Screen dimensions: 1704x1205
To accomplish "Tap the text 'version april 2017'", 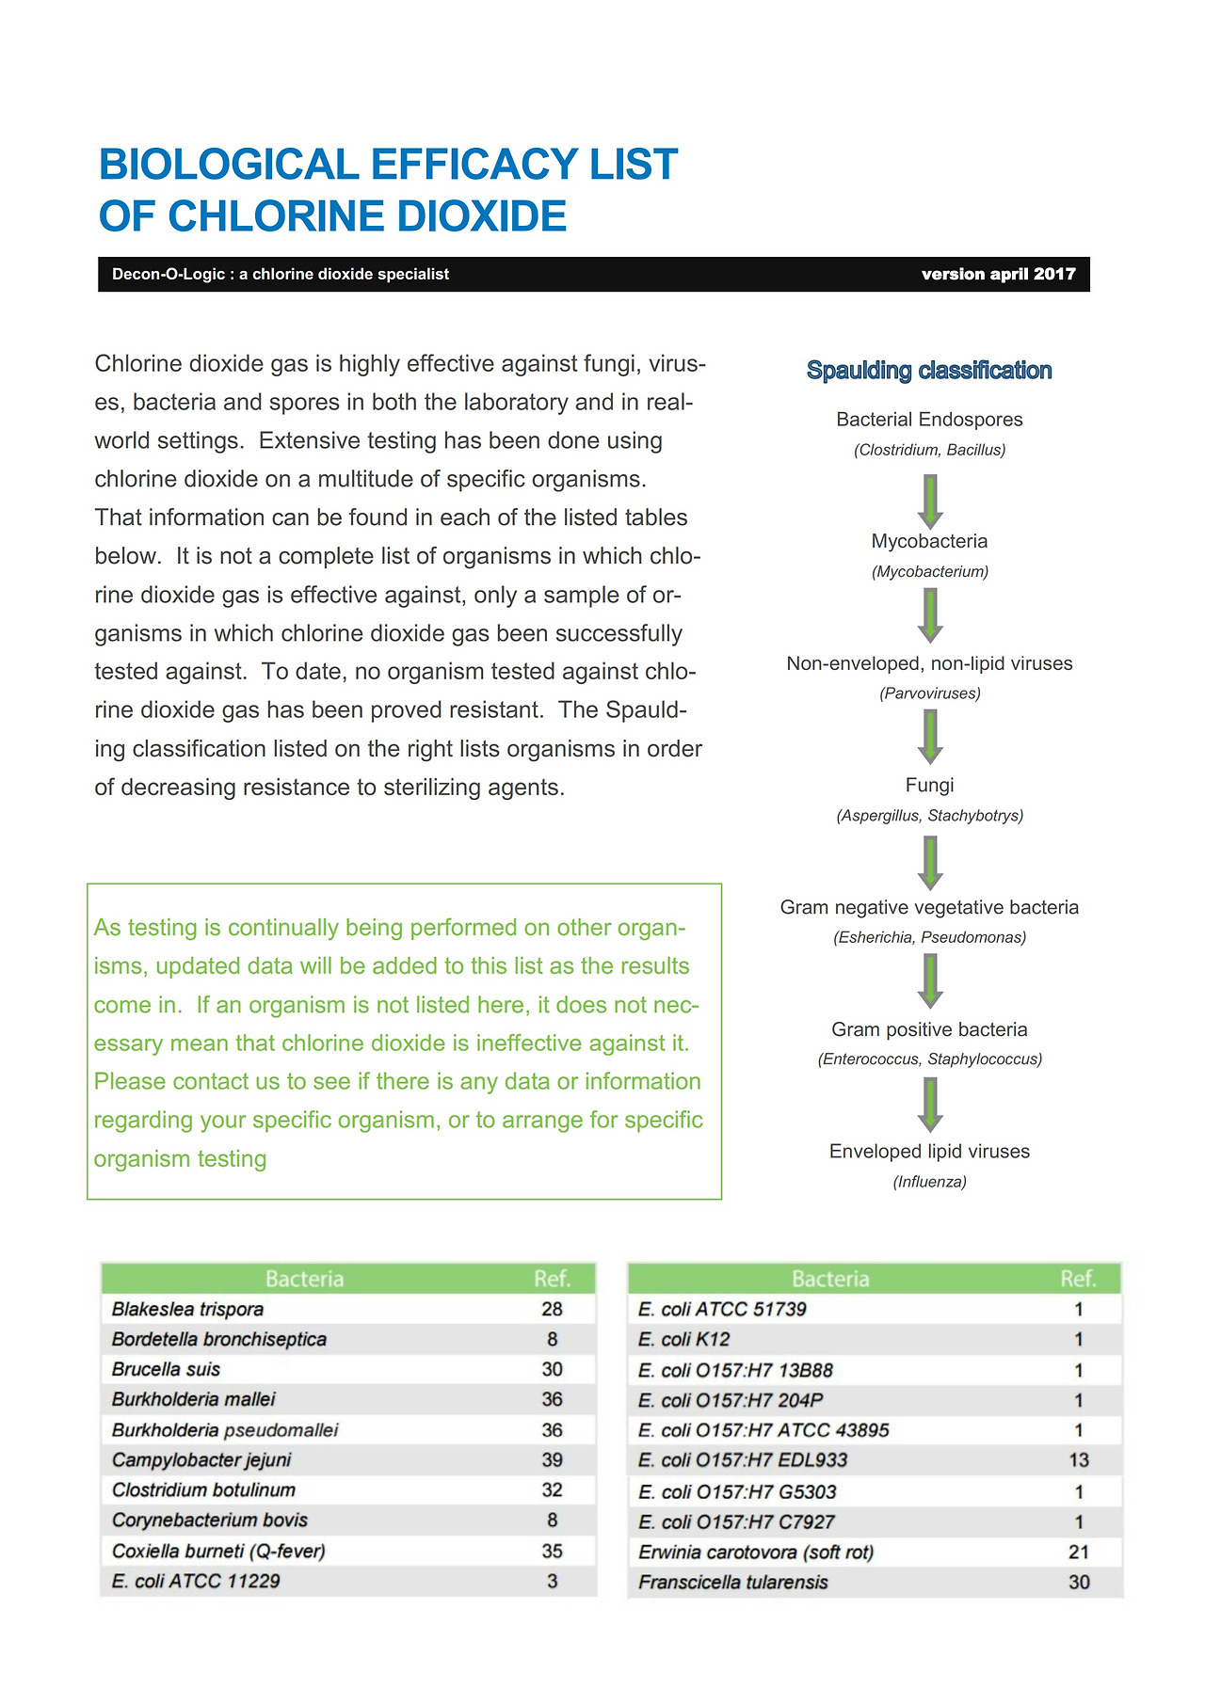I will (x=998, y=274).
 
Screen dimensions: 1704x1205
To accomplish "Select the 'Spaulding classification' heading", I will (x=928, y=371).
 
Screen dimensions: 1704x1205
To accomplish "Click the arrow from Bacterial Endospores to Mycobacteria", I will (x=930, y=501).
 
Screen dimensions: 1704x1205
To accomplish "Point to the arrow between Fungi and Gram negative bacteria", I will (x=930, y=862).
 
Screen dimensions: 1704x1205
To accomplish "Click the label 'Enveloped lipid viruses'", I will (x=929, y=1152).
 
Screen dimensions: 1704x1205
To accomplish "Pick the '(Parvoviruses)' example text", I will (x=929, y=693).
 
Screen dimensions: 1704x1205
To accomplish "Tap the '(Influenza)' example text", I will (x=929, y=1182).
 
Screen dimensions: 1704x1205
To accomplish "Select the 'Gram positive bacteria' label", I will (x=929, y=1029).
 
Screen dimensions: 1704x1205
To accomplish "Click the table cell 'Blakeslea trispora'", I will (x=187, y=1309).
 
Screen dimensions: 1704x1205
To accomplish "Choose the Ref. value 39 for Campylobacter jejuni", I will (x=552, y=1459).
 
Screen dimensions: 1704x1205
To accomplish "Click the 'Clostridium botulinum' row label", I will (x=203, y=1490).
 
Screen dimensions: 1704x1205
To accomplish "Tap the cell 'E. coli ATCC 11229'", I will (x=196, y=1581).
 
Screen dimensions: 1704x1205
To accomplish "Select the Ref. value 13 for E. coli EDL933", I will (x=1078, y=1460).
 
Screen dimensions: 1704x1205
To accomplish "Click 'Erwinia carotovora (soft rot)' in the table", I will (x=756, y=1553).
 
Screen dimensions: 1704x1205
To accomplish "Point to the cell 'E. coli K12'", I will (x=683, y=1339).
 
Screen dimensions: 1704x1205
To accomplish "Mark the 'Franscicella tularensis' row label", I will (x=732, y=1583).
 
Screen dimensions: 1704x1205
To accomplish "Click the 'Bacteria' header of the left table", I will (x=304, y=1279).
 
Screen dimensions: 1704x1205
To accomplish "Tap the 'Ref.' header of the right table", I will (x=1078, y=1279).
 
